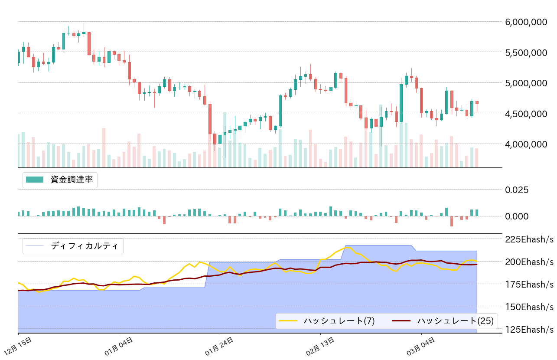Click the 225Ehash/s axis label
[x=529, y=239]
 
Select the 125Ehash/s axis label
[x=529, y=329]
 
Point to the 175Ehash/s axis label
[x=529, y=284]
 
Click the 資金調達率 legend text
[x=72, y=180]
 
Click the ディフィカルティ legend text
[x=85, y=246]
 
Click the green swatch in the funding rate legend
[x=35, y=180]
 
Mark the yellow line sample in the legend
[x=288, y=321]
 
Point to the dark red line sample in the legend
[x=401, y=321]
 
